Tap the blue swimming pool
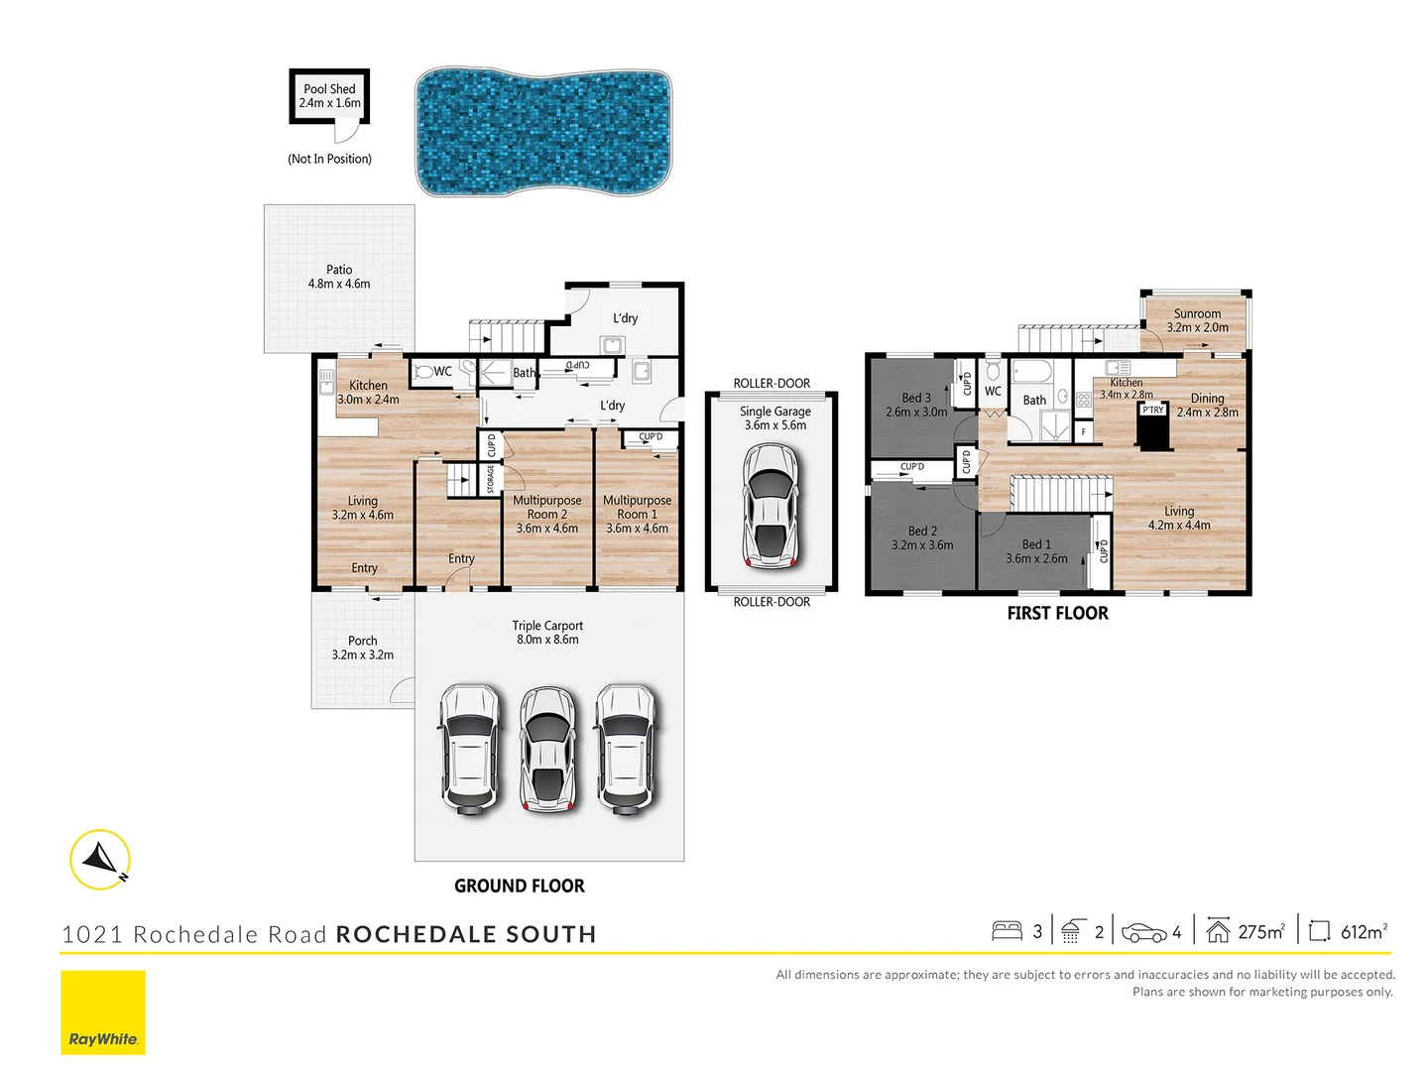tap(542, 132)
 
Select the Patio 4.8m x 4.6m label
tap(339, 277)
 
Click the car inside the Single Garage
tap(771, 506)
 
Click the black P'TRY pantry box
tap(1152, 426)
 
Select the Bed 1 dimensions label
tap(1036, 558)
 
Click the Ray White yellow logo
tap(103, 1012)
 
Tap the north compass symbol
tap(100, 859)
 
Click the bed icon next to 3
tap(1007, 931)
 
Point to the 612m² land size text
tap(1364, 931)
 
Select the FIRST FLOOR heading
tap(1057, 613)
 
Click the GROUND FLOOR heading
tap(519, 886)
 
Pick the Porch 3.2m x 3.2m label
tap(362, 648)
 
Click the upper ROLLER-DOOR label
tap(772, 383)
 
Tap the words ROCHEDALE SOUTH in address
tap(466, 934)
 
